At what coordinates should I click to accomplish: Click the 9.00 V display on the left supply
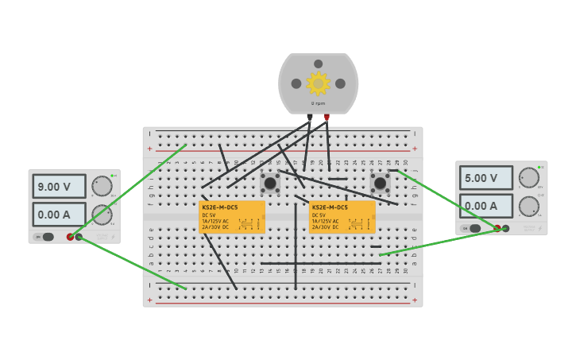(x=59, y=187)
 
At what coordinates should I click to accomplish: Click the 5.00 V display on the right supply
(x=485, y=178)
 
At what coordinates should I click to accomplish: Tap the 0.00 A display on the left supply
(x=59, y=215)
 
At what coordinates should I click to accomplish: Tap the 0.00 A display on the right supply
(x=485, y=206)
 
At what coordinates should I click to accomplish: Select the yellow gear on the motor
(x=318, y=83)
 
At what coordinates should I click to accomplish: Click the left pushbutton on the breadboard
(x=270, y=184)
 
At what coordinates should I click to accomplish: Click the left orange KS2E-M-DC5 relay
(x=231, y=217)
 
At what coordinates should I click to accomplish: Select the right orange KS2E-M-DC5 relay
(x=342, y=217)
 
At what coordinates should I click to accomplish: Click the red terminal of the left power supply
(x=71, y=237)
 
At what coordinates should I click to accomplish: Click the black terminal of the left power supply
(x=79, y=237)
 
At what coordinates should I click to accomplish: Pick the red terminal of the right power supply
(x=497, y=228)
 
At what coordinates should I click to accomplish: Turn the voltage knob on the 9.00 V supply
(x=102, y=186)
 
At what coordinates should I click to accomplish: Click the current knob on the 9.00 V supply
(x=102, y=215)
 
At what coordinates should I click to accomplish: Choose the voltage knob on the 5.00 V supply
(x=528, y=177)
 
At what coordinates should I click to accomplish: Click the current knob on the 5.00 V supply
(x=528, y=206)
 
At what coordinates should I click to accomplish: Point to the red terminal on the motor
(x=327, y=118)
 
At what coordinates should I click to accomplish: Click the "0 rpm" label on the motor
(x=318, y=103)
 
